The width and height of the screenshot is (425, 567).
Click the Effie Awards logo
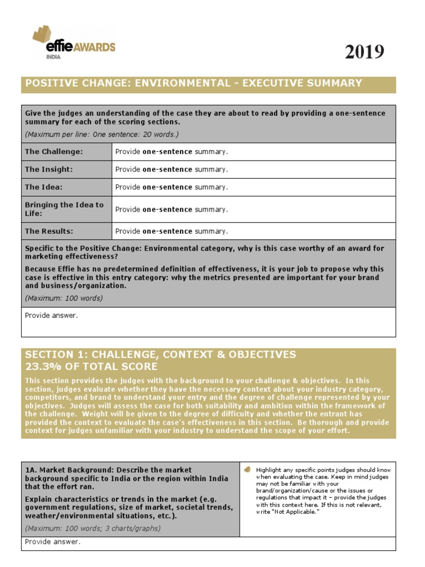(74, 41)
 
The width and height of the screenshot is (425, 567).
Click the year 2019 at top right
(364, 52)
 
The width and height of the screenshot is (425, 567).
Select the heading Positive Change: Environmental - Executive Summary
(191, 84)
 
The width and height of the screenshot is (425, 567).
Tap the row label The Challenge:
(54, 152)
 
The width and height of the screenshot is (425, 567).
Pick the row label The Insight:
(49, 169)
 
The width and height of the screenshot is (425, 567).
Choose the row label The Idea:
(44, 187)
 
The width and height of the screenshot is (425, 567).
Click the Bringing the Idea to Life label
(64, 209)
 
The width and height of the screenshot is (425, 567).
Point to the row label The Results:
(49, 231)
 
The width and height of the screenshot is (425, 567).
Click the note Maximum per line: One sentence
(102, 135)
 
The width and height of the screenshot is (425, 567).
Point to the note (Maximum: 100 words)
(64, 298)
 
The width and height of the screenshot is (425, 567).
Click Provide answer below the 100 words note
(51, 316)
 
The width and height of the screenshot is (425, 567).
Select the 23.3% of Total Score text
(91, 367)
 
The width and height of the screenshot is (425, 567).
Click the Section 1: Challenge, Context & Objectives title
(160, 354)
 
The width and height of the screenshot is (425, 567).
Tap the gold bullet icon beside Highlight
(248, 470)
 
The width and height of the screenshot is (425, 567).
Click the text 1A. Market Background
(61, 470)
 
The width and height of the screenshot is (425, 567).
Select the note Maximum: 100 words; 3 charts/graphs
(93, 528)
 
